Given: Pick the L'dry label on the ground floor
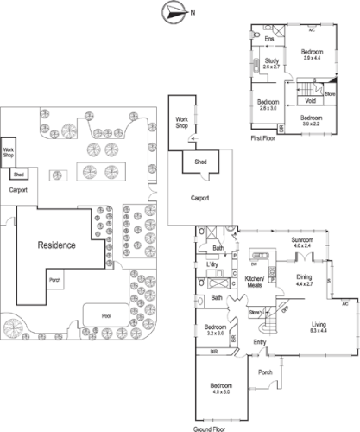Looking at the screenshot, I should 210,264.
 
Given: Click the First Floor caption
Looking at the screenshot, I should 263,137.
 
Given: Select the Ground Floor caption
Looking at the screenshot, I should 211,429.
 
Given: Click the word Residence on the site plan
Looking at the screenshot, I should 56,245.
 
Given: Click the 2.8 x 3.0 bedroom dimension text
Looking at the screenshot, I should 268,108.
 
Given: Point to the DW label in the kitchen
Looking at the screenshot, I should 254,264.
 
